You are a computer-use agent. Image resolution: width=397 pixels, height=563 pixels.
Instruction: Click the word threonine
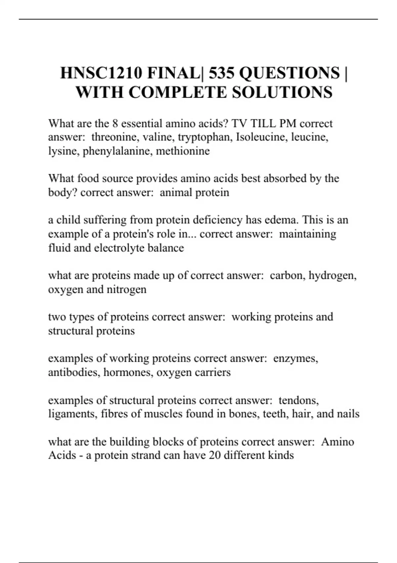point(112,137)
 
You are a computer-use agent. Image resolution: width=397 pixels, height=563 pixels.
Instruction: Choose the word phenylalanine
point(117,151)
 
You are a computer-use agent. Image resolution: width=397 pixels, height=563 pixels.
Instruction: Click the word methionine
point(183,151)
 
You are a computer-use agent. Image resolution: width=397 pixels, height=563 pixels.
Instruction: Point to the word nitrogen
point(126,289)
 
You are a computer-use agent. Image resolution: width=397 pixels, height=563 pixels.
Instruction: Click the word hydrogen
point(332,276)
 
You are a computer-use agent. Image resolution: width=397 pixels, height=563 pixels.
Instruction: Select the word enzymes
point(295,358)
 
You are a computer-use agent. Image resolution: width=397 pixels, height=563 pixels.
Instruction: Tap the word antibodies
point(74,372)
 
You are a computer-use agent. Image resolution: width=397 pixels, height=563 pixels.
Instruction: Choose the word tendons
point(298,400)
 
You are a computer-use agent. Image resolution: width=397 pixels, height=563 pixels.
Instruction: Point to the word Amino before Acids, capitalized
point(337,442)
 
